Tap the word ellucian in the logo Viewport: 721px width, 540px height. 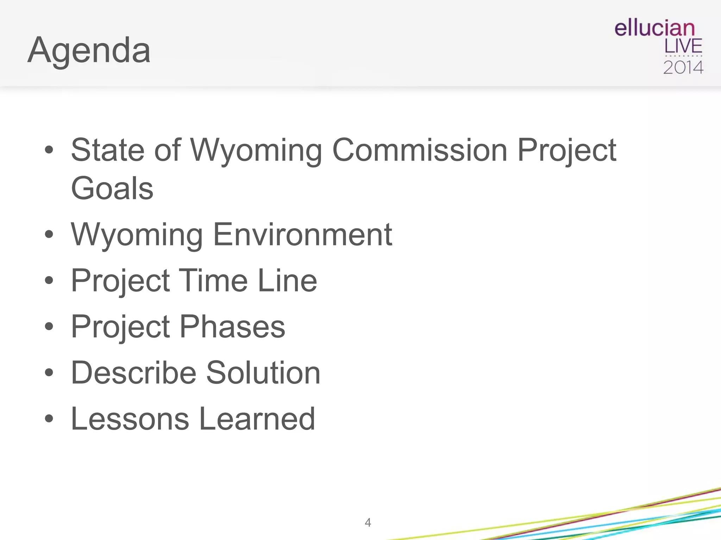tap(654, 28)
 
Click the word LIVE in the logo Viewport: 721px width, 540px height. tap(683, 47)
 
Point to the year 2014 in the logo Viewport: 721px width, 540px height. tap(683, 67)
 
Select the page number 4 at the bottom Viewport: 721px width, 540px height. tap(368, 522)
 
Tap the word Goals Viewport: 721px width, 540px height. tap(112, 188)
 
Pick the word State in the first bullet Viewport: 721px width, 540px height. tap(108, 150)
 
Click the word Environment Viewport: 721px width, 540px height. tap(302, 234)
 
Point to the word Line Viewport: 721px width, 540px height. tap(287, 281)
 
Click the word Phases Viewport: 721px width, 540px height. tap(232, 327)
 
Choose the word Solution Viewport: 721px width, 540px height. tap(263, 373)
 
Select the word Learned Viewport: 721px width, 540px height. tap(257, 419)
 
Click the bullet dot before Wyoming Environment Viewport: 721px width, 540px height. tap(49, 234)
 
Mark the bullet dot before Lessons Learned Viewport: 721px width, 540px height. tap(49, 419)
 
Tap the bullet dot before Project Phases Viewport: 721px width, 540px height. tap(49, 327)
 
